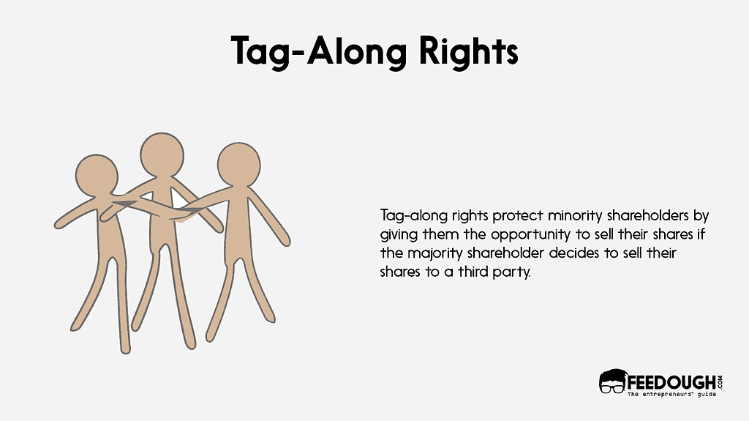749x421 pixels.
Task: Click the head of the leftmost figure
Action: point(97,176)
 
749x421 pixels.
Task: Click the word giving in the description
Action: point(398,235)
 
